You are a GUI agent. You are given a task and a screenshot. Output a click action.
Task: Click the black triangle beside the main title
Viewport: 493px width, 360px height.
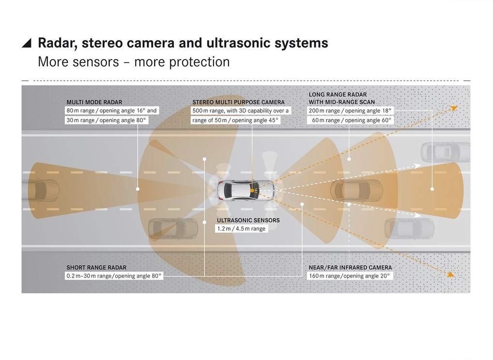tap(28, 44)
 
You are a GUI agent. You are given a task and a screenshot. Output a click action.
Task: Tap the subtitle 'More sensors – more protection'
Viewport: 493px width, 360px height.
tap(134, 62)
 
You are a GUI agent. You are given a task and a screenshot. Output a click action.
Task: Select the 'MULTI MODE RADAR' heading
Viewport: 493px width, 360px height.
tap(94, 102)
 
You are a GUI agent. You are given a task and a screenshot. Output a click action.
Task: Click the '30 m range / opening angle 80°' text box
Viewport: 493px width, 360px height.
tap(106, 120)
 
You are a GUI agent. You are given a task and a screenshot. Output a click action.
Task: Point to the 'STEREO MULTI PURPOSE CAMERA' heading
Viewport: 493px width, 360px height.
tap(238, 102)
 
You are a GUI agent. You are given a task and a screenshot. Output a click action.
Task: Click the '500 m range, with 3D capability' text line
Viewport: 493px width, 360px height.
tap(241, 111)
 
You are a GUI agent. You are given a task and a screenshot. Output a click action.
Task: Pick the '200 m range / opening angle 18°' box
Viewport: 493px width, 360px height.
tap(350, 111)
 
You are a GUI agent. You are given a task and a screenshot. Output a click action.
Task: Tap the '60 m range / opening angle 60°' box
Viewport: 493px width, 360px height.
tap(352, 120)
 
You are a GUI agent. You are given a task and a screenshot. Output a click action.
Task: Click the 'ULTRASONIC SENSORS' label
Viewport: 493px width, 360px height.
tap(248, 220)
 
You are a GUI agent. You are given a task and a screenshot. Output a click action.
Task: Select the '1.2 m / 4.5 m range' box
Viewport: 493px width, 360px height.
tap(242, 229)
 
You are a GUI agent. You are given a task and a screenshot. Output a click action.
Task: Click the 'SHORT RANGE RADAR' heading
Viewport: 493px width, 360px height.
tap(96, 267)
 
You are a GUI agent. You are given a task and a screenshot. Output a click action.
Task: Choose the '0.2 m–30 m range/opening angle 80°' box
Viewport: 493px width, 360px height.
tap(114, 276)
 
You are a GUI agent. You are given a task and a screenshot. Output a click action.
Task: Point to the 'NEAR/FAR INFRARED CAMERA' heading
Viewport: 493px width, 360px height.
tap(350, 267)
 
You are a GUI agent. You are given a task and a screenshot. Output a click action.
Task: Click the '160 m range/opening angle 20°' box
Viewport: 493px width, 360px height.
tap(350, 276)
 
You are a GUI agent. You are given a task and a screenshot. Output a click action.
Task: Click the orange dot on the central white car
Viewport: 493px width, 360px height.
tap(252, 190)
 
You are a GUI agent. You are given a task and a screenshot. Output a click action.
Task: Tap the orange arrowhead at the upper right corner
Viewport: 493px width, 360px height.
tap(454, 108)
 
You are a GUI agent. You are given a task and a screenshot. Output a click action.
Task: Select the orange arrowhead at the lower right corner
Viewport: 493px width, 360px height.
tap(451, 275)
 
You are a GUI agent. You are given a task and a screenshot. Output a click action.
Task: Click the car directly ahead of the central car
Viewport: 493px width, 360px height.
tap(356, 190)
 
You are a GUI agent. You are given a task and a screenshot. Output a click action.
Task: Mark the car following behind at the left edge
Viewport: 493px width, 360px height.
tap(41, 190)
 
